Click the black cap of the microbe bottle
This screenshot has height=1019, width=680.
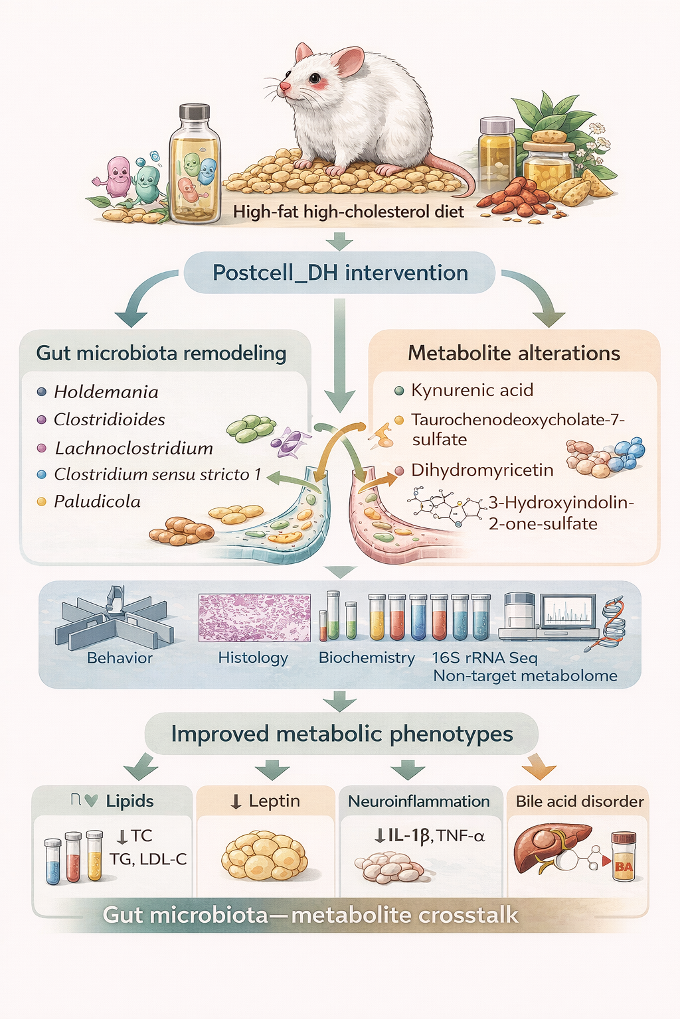[x=195, y=112]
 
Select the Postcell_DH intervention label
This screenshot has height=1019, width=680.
[x=340, y=273]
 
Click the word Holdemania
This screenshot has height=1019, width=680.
[x=106, y=392]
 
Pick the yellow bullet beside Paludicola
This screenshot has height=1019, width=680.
[x=41, y=502]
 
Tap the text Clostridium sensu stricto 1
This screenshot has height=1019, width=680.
[x=157, y=474]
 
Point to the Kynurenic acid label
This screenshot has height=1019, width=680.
[x=472, y=390]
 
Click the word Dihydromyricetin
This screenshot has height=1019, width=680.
[x=482, y=470]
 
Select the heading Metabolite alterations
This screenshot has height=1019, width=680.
[x=514, y=353]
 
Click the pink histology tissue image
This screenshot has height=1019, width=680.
[x=254, y=618]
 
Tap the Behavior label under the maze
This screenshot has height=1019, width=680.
[x=120, y=658]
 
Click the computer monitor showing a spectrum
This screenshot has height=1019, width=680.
[x=568, y=612]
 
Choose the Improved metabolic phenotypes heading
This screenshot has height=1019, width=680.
[x=342, y=734]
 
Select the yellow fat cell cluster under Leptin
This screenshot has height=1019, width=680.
[x=264, y=856]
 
